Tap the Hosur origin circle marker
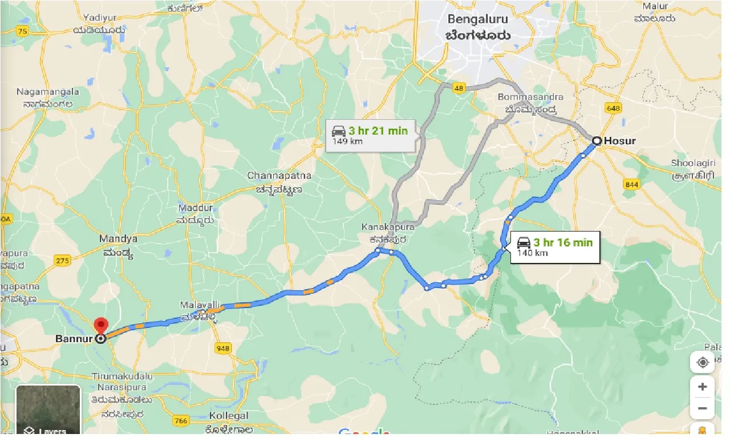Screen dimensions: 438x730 pos(597,140)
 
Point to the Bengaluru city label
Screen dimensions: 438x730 pos(478,27)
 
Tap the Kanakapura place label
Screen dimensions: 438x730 pos(388,232)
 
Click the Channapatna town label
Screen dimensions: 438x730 pos(274,181)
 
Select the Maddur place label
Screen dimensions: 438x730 pos(196,213)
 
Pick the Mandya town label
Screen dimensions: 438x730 pos(119,244)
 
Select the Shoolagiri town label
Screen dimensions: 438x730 pos(692,168)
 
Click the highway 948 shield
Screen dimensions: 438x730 pos(223,347)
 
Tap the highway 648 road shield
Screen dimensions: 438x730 pos(614,108)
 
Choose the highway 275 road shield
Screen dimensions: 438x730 pos(62,261)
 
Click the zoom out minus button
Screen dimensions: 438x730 pos(702,408)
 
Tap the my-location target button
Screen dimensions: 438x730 pos(702,363)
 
